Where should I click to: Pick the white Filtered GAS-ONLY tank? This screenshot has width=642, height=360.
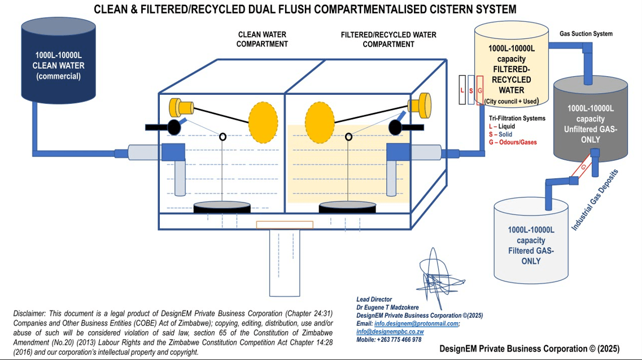click(531, 243)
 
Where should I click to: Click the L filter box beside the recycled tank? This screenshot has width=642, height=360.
click(462, 90)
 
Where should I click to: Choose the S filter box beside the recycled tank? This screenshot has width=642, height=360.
click(471, 90)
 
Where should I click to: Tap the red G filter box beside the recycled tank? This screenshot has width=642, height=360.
click(480, 90)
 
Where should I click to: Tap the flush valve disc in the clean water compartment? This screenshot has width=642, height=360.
click(222, 207)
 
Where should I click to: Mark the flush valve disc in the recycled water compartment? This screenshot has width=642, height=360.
click(348, 207)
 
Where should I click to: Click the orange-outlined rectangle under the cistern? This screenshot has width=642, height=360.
click(285, 225)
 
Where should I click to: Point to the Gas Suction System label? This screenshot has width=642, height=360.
click(586, 34)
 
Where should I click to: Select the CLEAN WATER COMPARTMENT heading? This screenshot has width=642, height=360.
click(262, 39)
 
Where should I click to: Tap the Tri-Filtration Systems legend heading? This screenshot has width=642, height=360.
click(517, 118)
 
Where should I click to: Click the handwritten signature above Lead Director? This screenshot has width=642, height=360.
click(435, 276)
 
